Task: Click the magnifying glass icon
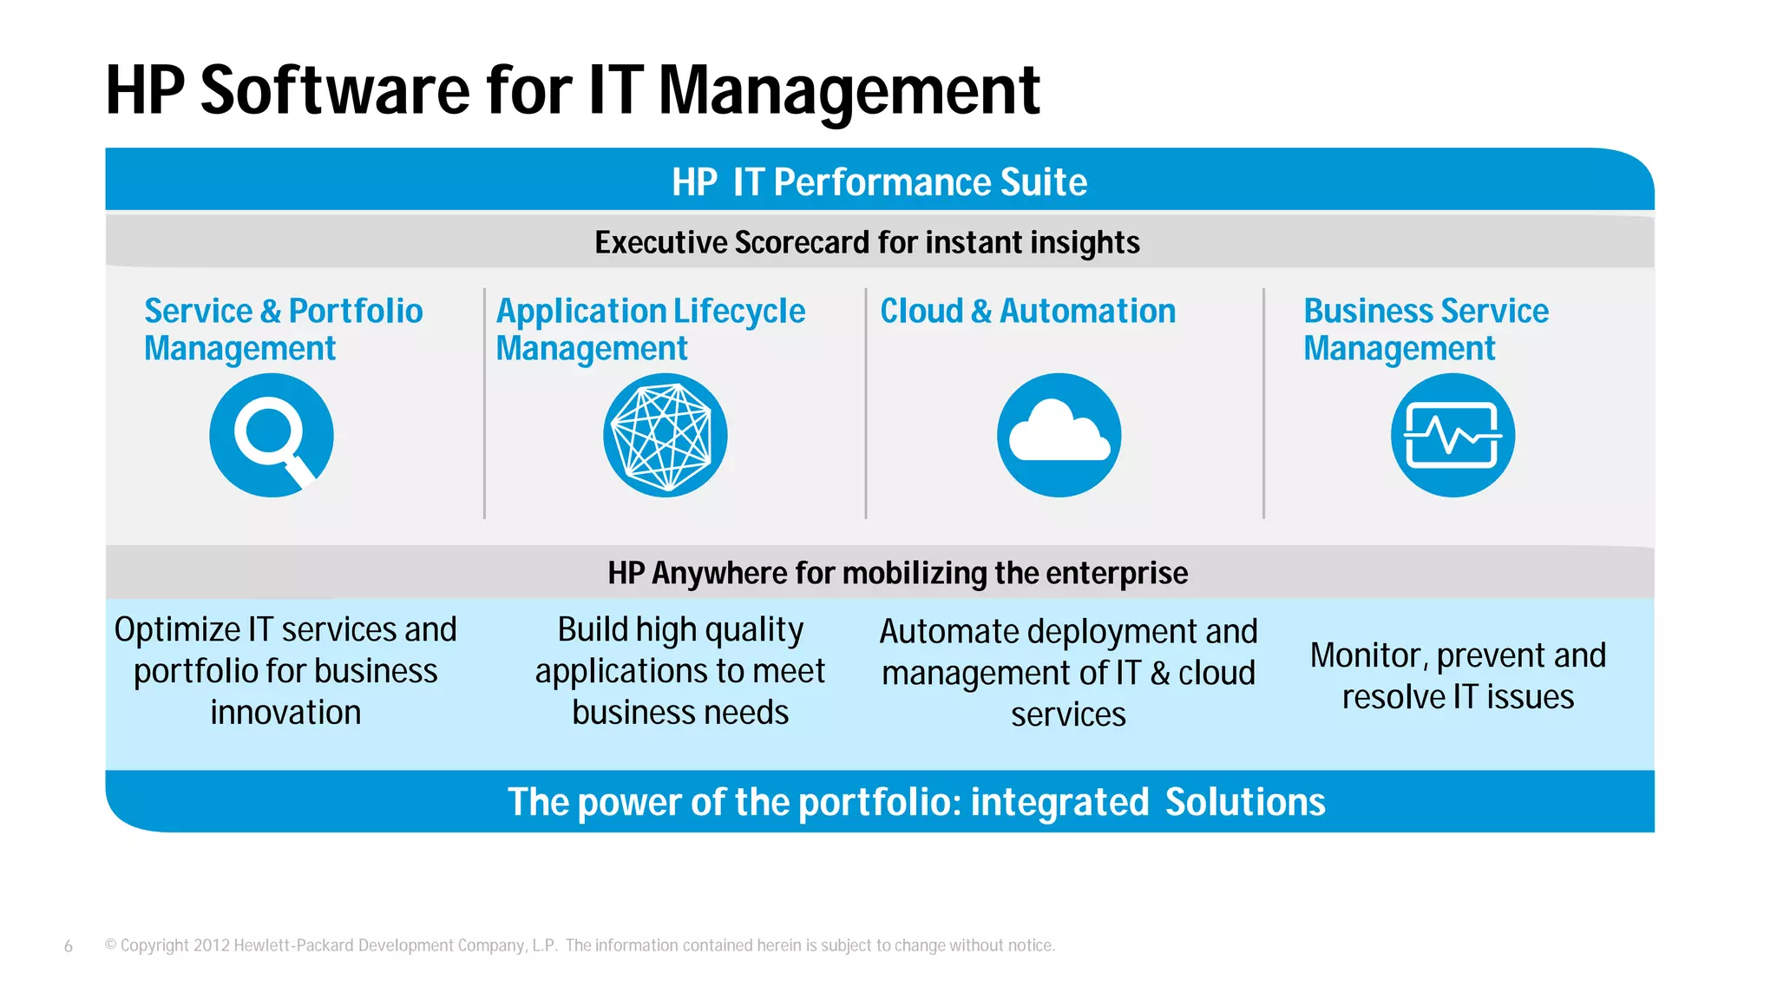coord(271,435)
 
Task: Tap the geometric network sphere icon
coord(665,435)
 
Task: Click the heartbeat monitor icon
coord(1452,435)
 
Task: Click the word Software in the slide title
coord(334,90)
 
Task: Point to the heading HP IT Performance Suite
coord(879,182)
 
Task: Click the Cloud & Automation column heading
coord(1027,311)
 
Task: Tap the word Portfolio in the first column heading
coord(356,311)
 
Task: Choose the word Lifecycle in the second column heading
coord(739,311)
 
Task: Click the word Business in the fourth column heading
coord(1367,311)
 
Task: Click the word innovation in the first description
coord(285,713)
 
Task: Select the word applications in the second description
coord(602,672)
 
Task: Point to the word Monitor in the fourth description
coord(1367,655)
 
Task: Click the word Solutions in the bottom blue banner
coord(1244,802)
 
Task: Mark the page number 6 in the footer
coord(69,946)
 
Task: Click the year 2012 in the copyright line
coord(211,945)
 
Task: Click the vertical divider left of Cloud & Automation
coord(866,404)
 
